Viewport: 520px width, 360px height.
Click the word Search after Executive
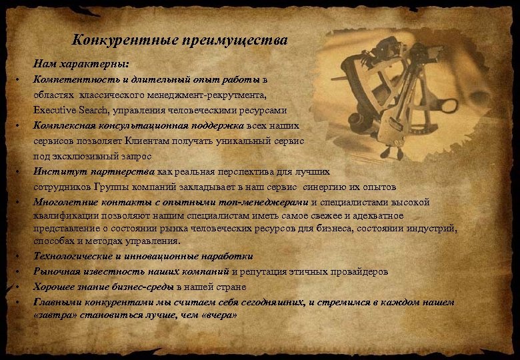click(96, 110)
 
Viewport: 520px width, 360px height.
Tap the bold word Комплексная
click(62, 125)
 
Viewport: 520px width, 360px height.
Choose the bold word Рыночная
click(57, 271)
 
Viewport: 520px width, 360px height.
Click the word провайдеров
click(359, 271)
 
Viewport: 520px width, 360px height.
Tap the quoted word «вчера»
click(218, 315)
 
